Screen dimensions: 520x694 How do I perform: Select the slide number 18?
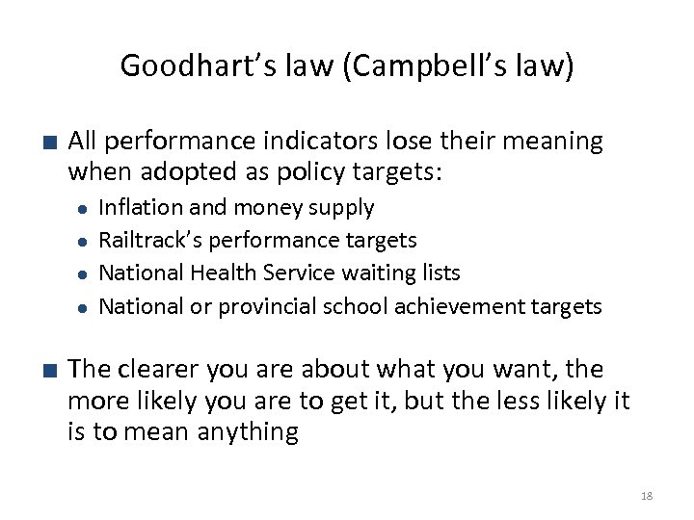point(646,496)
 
